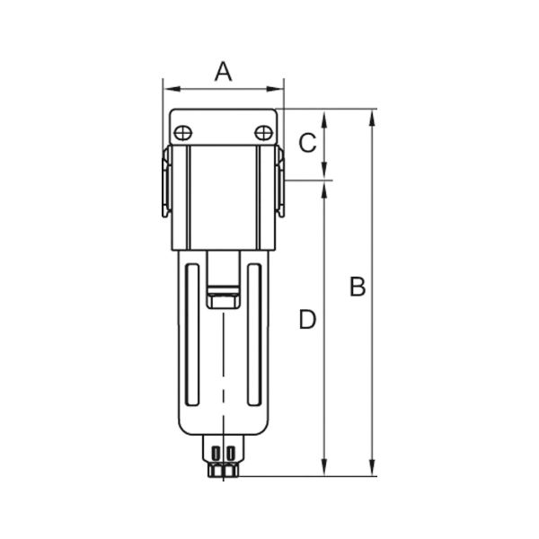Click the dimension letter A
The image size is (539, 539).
click(224, 72)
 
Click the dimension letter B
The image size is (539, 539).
click(358, 287)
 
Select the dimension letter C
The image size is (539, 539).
click(307, 143)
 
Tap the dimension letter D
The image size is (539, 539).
click(307, 319)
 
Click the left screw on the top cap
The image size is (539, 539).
click(183, 133)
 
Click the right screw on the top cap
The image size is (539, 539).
click(263, 133)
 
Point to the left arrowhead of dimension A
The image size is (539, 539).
click(172, 89)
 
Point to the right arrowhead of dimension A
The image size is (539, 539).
click(275, 89)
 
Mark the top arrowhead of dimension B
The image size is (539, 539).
click(372, 119)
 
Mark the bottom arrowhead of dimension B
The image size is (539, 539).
click(372, 467)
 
